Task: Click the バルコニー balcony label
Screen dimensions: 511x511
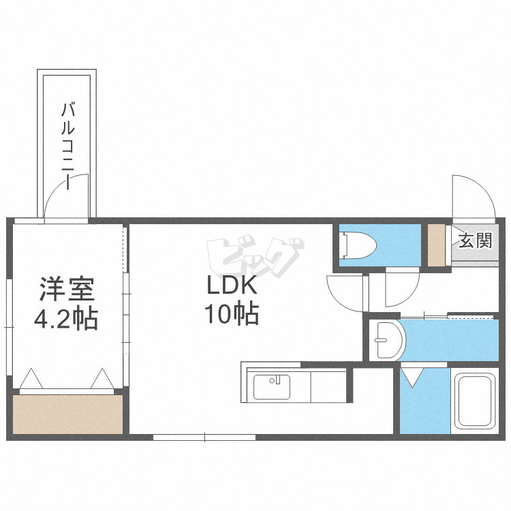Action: tap(68, 146)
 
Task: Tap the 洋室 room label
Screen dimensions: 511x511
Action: tap(67, 289)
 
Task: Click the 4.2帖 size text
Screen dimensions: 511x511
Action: tap(66, 318)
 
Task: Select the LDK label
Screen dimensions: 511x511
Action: tap(232, 285)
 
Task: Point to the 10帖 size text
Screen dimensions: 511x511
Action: tap(232, 313)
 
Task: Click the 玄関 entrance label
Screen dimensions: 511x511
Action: tap(475, 241)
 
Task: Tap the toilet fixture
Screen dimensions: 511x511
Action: tap(358, 245)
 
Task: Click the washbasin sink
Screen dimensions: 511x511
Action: tap(388, 340)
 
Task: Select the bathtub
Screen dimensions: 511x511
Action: tap(475, 401)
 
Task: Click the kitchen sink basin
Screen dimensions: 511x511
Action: tap(272, 387)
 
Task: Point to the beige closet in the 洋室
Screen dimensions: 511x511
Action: tap(67, 414)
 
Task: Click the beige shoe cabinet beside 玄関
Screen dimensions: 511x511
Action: tap(436, 245)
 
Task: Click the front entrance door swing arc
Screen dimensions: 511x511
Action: tap(482, 188)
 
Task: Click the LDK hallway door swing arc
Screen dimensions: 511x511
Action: tap(339, 300)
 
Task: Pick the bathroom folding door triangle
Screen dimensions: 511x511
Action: tap(412, 377)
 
